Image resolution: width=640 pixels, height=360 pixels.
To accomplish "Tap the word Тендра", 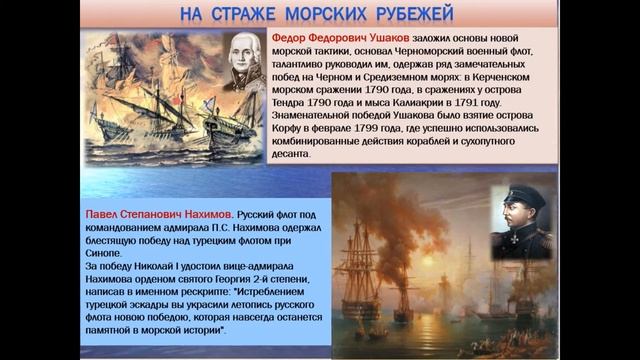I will pos(292,102).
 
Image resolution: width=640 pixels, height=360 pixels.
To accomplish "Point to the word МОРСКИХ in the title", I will pos(328,14).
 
